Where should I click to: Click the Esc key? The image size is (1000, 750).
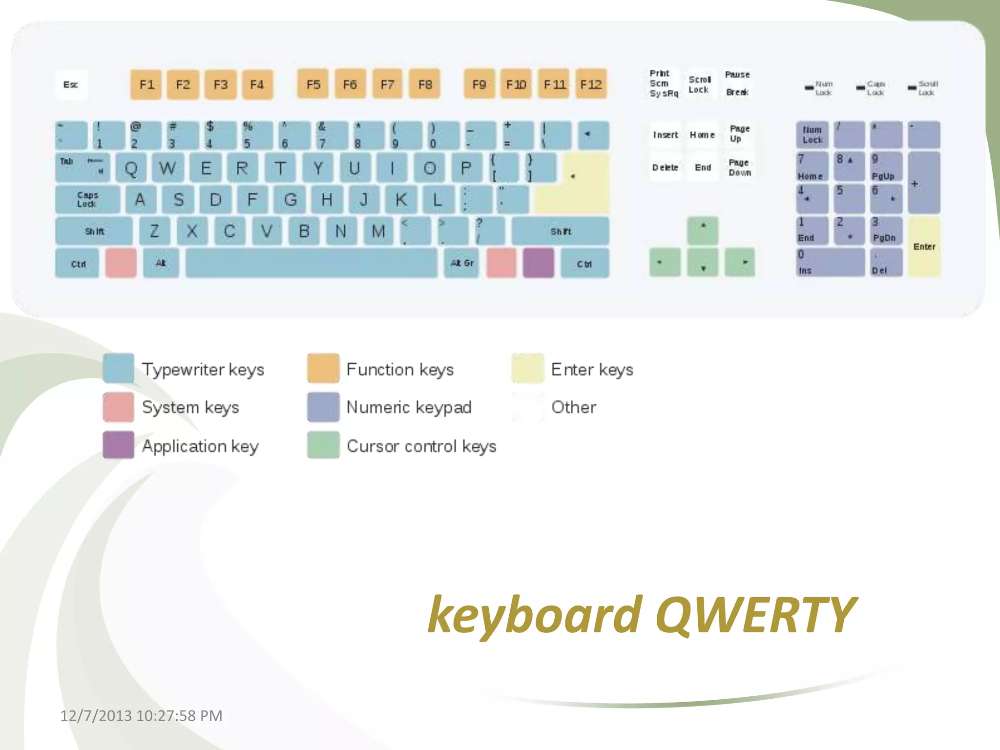click(x=71, y=85)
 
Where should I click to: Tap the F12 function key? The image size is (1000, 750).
click(x=591, y=85)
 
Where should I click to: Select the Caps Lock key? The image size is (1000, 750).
click(x=87, y=199)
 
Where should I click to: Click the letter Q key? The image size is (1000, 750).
click(x=131, y=168)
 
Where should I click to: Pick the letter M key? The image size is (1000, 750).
click(x=378, y=231)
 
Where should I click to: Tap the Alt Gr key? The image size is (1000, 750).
click(x=461, y=263)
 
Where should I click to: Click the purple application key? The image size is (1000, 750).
click(x=538, y=263)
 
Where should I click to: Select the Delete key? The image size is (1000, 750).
click(x=665, y=167)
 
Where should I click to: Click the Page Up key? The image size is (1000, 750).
click(x=739, y=134)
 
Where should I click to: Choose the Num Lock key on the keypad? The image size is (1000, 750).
click(x=812, y=135)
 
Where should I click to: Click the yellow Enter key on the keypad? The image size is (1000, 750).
click(x=924, y=247)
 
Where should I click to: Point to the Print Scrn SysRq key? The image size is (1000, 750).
click(x=663, y=83)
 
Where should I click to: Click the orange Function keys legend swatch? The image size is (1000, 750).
click(x=323, y=369)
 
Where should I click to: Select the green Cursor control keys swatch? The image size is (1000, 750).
click(x=323, y=445)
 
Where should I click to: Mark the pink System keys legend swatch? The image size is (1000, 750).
click(x=119, y=407)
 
